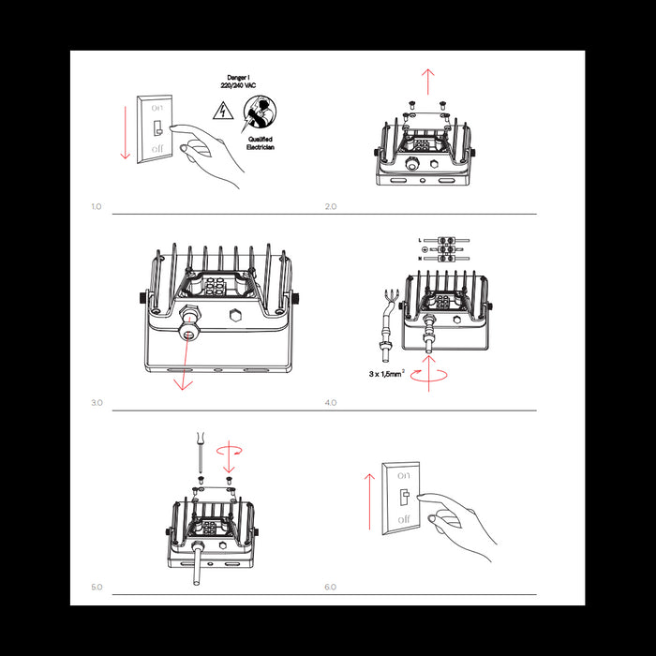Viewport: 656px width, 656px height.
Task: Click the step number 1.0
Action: click(96, 205)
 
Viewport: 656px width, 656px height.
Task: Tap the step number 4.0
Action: click(330, 402)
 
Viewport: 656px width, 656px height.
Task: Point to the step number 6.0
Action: click(330, 587)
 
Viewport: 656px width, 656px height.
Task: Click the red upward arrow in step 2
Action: click(428, 82)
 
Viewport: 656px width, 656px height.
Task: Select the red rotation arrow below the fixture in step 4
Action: click(430, 374)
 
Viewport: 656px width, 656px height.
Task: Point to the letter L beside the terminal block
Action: click(421, 241)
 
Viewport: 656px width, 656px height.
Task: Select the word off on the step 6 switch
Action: click(404, 518)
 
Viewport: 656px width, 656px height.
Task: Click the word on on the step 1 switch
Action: click(157, 109)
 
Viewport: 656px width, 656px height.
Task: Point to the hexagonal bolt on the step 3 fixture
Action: click(235, 311)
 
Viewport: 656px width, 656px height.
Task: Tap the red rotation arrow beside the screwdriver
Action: click(229, 451)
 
